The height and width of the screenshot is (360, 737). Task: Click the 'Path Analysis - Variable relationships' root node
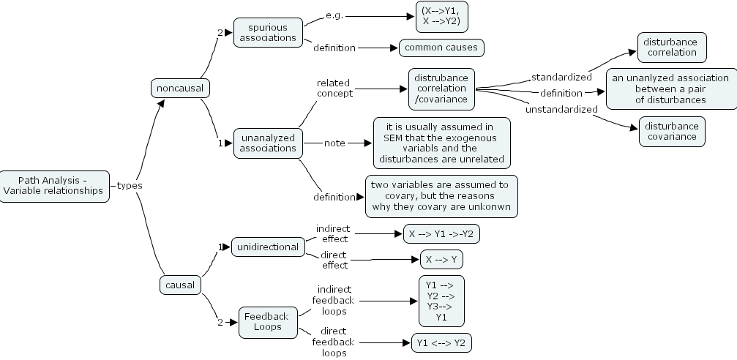[x=55, y=185]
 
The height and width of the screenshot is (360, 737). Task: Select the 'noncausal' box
[x=179, y=89]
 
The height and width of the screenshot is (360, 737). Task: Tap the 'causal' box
[x=180, y=285]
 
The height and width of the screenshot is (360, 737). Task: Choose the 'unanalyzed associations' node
[x=267, y=143]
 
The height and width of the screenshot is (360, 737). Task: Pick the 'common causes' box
[x=441, y=48]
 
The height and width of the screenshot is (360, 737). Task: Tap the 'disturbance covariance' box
[x=671, y=131]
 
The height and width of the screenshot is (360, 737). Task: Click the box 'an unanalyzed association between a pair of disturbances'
[x=671, y=89]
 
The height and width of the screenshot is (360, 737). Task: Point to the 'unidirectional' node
[x=267, y=247]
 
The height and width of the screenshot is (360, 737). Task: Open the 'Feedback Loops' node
[x=268, y=322]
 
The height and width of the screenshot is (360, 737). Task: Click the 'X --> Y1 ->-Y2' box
[x=441, y=233]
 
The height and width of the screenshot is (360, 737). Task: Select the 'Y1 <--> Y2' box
[x=441, y=342]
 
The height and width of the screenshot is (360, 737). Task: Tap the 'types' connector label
[x=130, y=186]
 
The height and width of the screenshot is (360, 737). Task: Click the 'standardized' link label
[x=561, y=77]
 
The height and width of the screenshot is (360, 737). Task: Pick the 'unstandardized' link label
[x=561, y=109]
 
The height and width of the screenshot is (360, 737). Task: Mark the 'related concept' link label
[x=334, y=88]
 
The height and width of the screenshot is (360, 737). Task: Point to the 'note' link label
[x=334, y=143]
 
